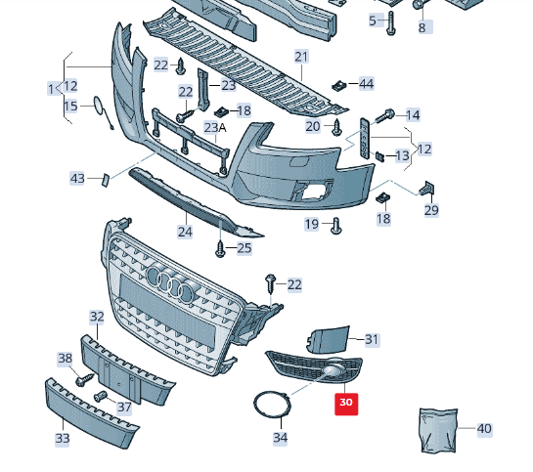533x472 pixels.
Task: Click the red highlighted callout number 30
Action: [x=346, y=402]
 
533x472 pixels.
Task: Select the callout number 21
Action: [x=301, y=57]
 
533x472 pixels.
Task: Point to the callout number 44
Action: [x=366, y=84]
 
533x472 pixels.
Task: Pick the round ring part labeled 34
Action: [x=271, y=405]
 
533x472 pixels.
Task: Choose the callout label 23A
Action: [x=215, y=127]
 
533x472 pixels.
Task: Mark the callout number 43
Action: [x=78, y=178]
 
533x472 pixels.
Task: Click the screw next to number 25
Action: [x=221, y=248]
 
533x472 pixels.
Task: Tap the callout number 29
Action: [x=431, y=209]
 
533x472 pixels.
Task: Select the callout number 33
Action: [x=62, y=439]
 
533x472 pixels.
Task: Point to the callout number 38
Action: [x=65, y=358]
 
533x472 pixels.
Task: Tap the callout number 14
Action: [x=412, y=115]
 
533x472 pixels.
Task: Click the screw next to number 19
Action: [x=336, y=226]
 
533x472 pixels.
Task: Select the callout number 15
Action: [x=70, y=106]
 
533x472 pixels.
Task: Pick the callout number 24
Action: [x=185, y=232]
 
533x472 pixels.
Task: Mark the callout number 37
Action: [x=124, y=407]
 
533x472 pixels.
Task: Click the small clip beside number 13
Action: [x=379, y=154]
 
